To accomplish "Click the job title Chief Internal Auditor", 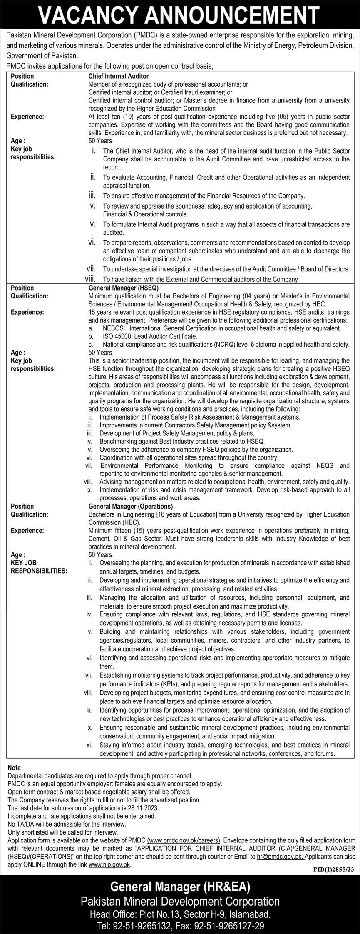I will click(x=118, y=77).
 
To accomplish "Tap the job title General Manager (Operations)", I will click(x=130, y=507).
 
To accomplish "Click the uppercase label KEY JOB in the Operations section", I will click(x=24, y=563).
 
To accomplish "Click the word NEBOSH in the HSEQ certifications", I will click(x=112, y=328).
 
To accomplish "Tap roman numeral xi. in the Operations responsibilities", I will click(x=89, y=745).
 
